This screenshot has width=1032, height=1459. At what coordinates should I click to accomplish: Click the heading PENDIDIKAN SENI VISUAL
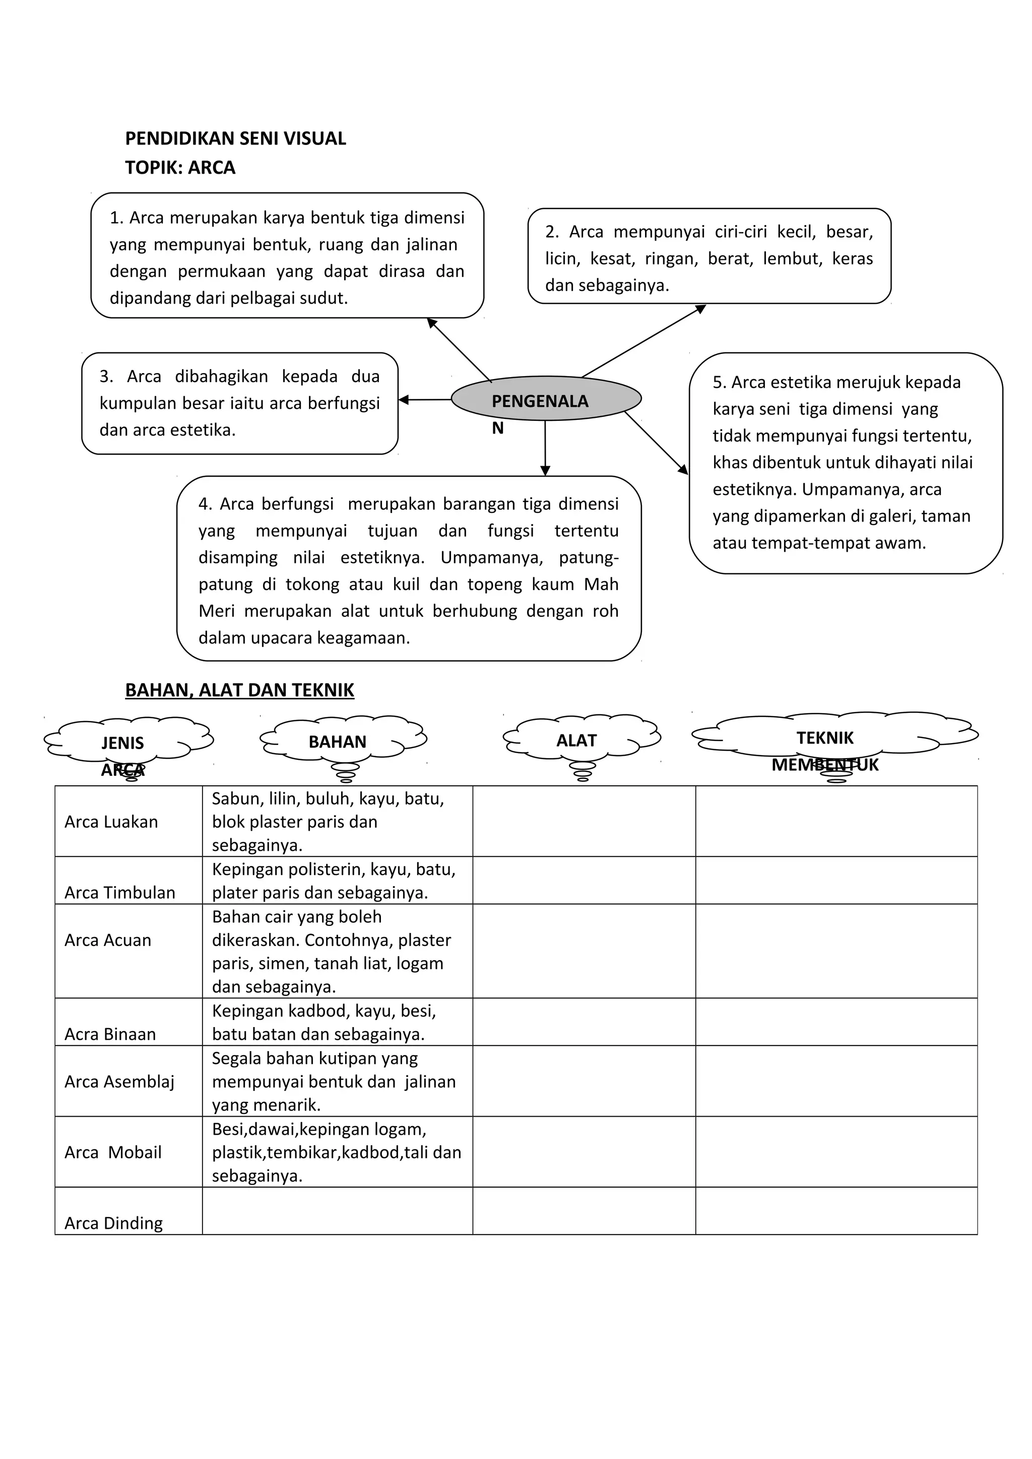click(235, 138)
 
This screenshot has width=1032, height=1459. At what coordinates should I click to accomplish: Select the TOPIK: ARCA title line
click(180, 168)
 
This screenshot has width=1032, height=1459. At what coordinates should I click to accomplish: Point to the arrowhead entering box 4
click(545, 470)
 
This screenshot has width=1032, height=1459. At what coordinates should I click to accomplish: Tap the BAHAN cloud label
click(337, 742)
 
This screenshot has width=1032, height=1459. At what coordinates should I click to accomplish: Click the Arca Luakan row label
click(111, 822)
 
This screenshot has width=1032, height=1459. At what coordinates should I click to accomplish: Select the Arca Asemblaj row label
click(119, 1081)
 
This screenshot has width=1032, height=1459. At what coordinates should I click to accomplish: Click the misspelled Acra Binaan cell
click(110, 1034)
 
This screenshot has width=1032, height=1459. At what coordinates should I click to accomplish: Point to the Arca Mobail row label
click(113, 1152)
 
